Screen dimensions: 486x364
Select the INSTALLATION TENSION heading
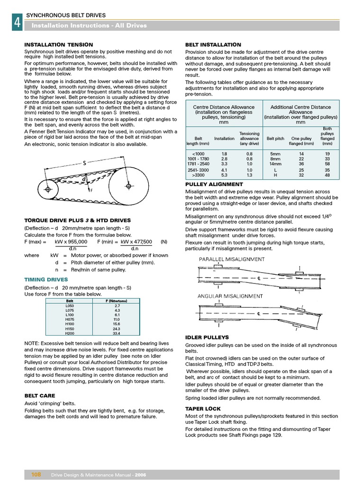58,45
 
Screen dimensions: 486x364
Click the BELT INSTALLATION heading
213,45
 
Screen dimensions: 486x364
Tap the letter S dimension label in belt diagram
84,163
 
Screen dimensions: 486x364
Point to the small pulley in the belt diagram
47,190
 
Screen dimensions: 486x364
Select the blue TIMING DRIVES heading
46,280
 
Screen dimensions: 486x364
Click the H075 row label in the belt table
70,320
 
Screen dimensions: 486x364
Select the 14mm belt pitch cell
275,163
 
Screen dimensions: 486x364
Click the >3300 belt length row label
198,175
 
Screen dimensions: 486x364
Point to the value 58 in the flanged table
327,163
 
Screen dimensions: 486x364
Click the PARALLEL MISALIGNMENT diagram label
231,259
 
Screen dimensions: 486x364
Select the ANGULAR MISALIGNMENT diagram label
230,296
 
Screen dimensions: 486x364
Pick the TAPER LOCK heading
203,409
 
